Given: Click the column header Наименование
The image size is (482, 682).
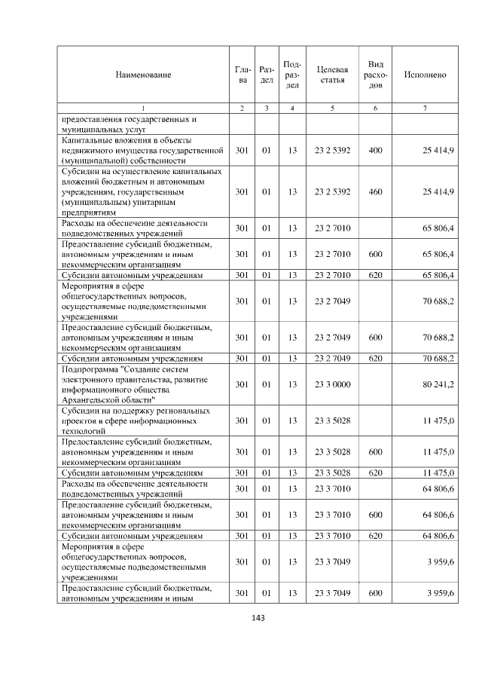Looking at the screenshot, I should coord(143,75).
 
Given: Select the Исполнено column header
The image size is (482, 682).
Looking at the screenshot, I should coord(425,75).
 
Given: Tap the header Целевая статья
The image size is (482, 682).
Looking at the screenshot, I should coord(332,75).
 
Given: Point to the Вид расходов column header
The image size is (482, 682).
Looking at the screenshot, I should coord(376,75).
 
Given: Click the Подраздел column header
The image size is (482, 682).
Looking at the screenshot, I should coord(292,75).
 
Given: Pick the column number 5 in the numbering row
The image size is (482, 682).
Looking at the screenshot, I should coord(332,109).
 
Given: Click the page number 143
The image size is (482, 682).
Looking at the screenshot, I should coord(241,618).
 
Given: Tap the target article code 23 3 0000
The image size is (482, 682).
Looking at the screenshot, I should coord(332,384).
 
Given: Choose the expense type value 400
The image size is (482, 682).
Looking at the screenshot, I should coord(375,151).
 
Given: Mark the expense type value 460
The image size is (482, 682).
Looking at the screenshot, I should coord(375,192).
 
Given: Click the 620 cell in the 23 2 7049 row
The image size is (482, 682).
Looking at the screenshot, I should coord(375,358).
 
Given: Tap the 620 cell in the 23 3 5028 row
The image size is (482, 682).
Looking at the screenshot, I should coord(375,473).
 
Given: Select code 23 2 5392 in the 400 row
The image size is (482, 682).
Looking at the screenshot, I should coord(332,151).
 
